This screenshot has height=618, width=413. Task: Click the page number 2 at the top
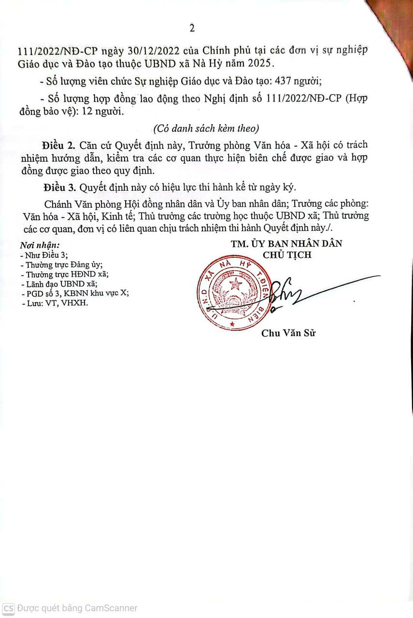coord(192,28)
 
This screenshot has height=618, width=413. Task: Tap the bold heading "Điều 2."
coord(59,145)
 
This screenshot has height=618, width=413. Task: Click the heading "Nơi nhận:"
coord(40,245)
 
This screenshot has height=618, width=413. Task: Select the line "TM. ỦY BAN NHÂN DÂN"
coord(286,244)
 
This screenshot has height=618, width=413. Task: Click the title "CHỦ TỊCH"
coord(287,255)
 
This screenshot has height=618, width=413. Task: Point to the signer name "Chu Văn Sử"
coord(288,333)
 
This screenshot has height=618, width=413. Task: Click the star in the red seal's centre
coord(236,283)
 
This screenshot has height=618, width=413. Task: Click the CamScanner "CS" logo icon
coord(8,608)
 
